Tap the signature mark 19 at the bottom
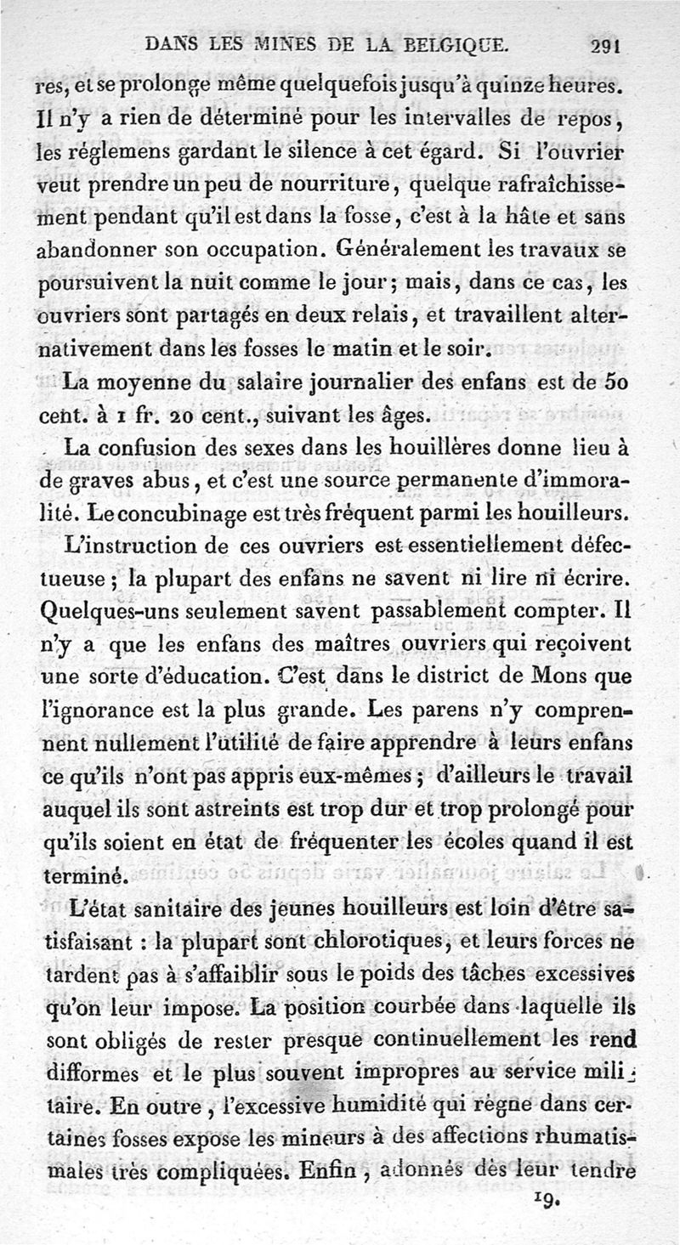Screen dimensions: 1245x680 [546, 1200]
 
